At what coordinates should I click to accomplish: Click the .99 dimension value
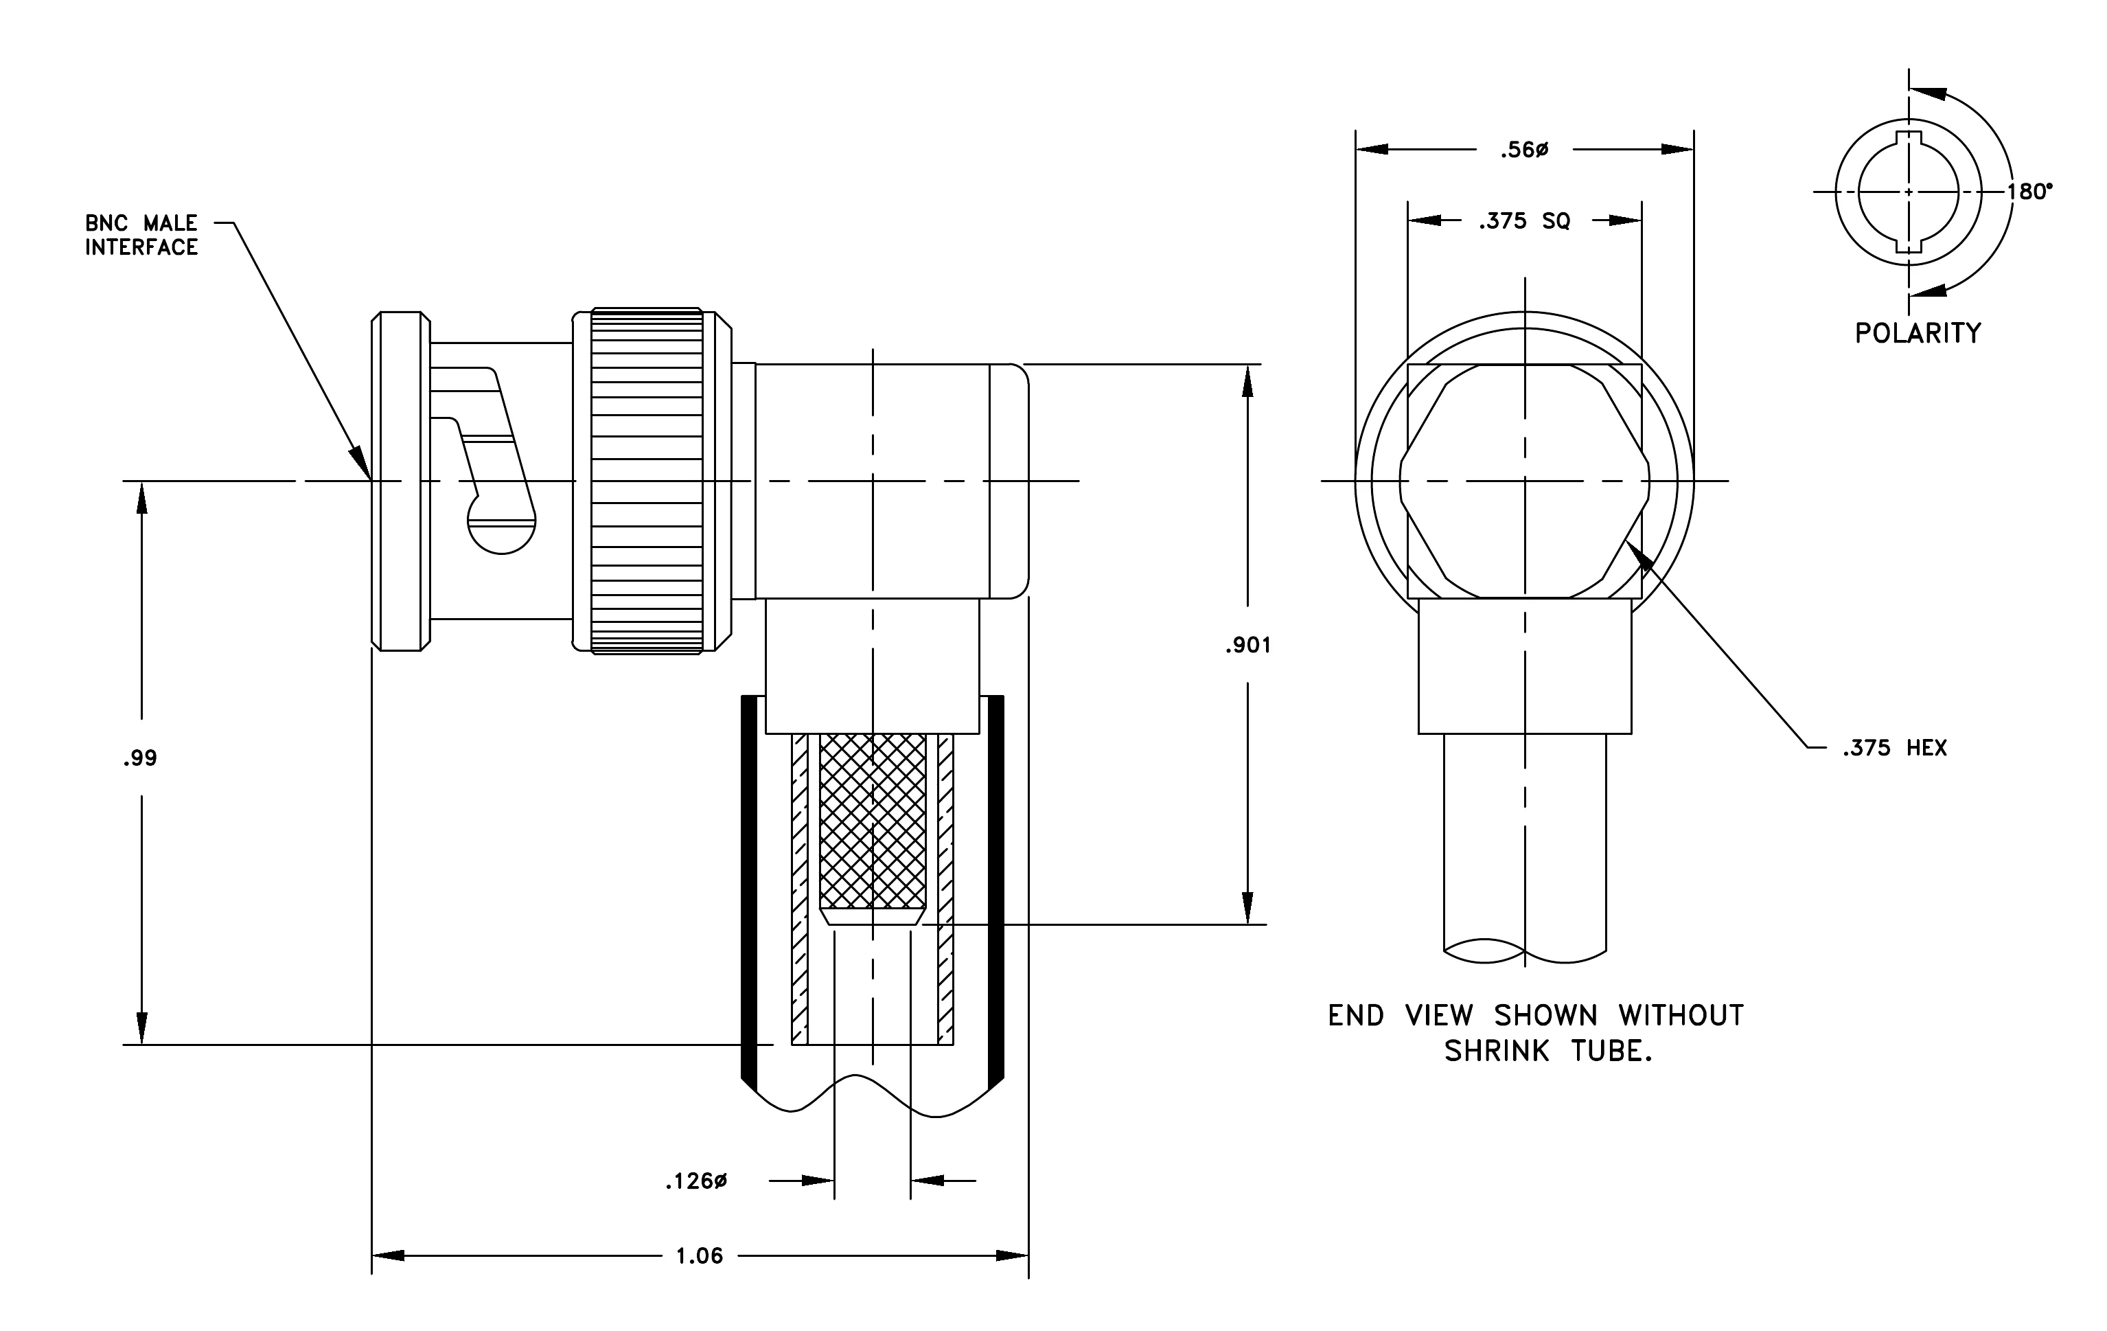coord(140,758)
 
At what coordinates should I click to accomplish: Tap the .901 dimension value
coord(1247,646)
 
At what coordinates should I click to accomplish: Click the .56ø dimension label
coord(1524,150)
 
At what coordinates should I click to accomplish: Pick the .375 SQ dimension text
coord(1524,221)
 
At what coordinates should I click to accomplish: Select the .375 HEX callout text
coord(1894,748)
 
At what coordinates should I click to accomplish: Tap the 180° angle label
coord(2029,192)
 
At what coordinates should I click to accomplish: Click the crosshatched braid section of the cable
coord(873,821)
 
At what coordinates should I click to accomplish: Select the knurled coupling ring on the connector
coord(647,481)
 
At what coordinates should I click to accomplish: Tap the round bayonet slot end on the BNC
coord(501,523)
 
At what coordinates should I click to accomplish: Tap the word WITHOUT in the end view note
coord(1681,1016)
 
